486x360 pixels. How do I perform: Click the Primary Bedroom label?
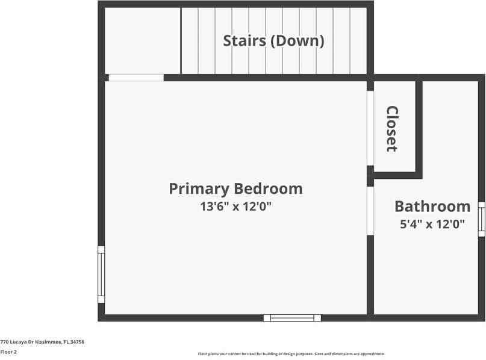click(x=235, y=188)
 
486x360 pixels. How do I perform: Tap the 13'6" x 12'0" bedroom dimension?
click(x=235, y=207)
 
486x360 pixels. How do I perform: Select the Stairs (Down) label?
click(x=273, y=41)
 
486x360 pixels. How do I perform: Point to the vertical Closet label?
click(x=392, y=128)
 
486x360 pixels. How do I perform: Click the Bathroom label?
click(x=432, y=206)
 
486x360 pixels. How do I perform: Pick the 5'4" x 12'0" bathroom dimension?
click(x=432, y=225)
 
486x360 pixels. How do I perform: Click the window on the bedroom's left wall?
click(x=101, y=274)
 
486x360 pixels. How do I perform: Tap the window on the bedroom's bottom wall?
click(x=292, y=318)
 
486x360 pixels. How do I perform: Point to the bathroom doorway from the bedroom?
click(x=370, y=211)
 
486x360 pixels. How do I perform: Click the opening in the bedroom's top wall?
click(x=136, y=78)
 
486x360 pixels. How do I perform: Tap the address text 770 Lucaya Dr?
click(x=18, y=342)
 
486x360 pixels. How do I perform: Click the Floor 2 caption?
click(x=8, y=352)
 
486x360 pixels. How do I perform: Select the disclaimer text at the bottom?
click(x=291, y=354)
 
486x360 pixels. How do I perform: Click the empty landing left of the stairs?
click(x=143, y=40)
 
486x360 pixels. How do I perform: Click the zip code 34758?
click(x=77, y=342)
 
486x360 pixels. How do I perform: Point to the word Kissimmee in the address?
click(x=48, y=342)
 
